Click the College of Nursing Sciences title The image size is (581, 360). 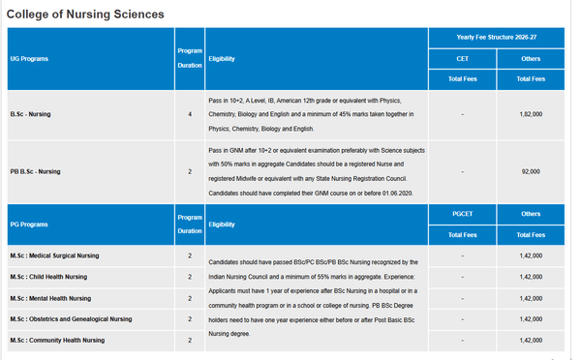[x=85, y=15]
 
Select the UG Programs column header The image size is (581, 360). [x=29, y=59]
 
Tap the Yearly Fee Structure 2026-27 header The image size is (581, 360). [x=496, y=38]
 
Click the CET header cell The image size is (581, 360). [x=463, y=59]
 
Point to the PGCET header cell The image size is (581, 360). [x=463, y=213]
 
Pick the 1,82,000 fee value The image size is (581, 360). [x=530, y=114]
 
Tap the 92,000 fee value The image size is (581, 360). [x=530, y=171]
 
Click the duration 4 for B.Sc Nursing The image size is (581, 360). [x=189, y=114]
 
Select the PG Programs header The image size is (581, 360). [x=29, y=224]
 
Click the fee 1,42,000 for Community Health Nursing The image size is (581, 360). [x=530, y=340]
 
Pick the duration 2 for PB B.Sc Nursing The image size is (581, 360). [x=189, y=171]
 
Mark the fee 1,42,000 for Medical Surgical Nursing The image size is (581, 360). [x=530, y=255]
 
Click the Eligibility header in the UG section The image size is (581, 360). [x=222, y=59]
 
